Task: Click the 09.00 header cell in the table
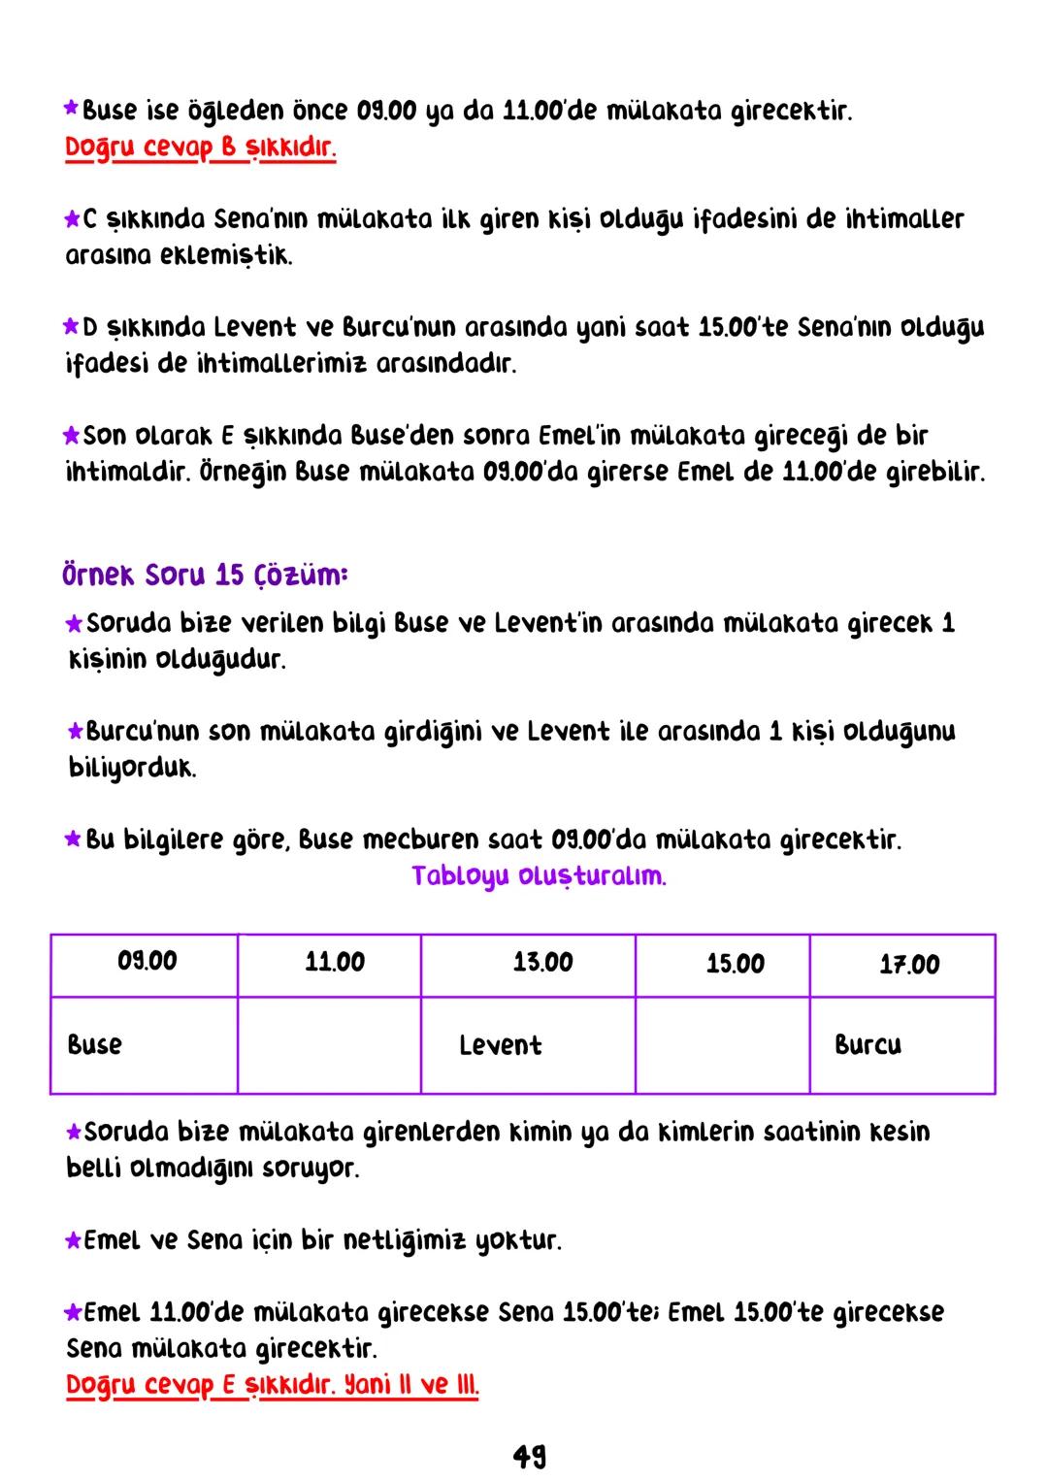pos(147,962)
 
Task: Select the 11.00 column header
pos(335,963)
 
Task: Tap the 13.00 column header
pos(542,963)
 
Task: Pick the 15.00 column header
pos(735,964)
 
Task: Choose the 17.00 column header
pos(909,965)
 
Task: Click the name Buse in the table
pos(95,1045)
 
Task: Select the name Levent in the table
pos(500,1045)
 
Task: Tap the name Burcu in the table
pos(868,1045)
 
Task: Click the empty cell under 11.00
pos(329,1045)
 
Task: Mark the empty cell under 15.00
pos(722,1045)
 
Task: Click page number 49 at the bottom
pos(529,1456)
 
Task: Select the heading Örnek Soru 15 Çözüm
pos(205,576)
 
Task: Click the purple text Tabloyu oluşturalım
pos(539,876)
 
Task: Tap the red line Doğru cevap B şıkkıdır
pos(201,149)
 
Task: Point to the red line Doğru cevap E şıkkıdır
pos(272,1386)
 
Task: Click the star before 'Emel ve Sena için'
pos(73,1240)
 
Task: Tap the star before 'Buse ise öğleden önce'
pos(71,111)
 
